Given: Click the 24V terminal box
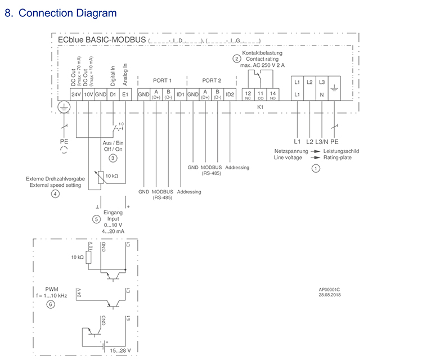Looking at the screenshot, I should click(x=76, y=94).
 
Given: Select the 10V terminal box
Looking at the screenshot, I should click(x=88, y=94).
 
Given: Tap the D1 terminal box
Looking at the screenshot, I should click(x=113, y=94).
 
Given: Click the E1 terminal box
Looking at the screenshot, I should click(x=125, y=94).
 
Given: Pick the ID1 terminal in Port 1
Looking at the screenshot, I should click(x=180, y=94).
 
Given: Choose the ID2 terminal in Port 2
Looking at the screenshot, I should click(x=230, y=94).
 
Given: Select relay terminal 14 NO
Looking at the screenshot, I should click(x=272, y=94).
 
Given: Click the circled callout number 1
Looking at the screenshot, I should click(x=316, y=168).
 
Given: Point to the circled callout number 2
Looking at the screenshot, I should click(x=237, y=58).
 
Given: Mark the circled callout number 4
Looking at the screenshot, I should click(x=55, y=194).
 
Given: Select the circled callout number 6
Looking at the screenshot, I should click(x=51, y=304).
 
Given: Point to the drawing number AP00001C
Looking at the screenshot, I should click(x=330, y=290).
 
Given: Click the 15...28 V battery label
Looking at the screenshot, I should click(x=121, y=350).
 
